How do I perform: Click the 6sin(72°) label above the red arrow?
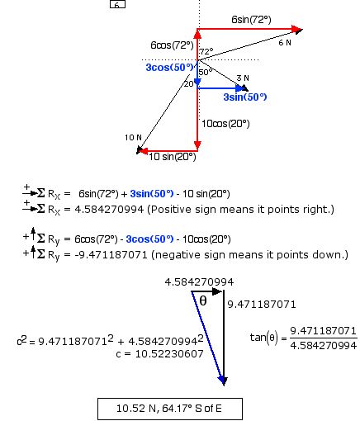pos(251,20)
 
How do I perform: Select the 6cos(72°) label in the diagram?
pos(172,45)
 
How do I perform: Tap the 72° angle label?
pos(206,51)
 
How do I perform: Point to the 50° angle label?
pos(206,72)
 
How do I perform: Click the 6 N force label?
pos(285,43)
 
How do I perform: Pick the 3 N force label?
pos(243,78)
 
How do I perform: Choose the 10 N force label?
pos(133,138)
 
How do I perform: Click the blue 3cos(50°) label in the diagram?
pos(169,68)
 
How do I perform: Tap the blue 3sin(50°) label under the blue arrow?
pos(245,97)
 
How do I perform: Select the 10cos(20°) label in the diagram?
pos(225,124)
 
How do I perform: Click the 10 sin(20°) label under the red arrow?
pos(173,157)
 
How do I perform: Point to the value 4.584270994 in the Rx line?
pos(109,210)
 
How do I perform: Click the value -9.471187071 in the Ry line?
pos(111,255)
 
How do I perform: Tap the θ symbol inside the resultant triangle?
pos(203,301)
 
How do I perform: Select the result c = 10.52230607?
pos(160,354)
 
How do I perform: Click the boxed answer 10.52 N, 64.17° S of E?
pos(170,409)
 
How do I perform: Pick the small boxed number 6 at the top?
pos(117,4)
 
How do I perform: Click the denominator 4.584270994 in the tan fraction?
pos(324,346)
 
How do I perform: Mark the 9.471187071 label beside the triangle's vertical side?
pos(262,305)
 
